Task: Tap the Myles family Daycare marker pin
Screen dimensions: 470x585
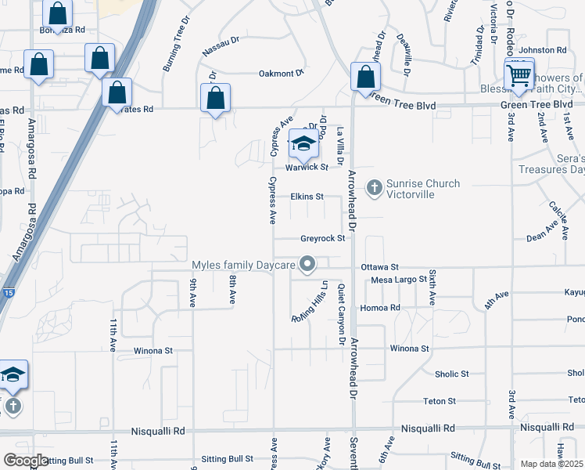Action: [307, 265]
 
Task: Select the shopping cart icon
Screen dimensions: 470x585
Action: [518, 76]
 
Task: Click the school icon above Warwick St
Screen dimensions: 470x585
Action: [303, 144]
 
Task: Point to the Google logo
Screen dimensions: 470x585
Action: [26, 461]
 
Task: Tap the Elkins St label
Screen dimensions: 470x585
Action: [307, 197]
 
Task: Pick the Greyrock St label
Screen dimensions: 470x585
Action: [322, 238]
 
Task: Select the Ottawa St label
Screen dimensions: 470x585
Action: [380, 267]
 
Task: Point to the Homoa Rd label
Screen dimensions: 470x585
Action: [385, 308]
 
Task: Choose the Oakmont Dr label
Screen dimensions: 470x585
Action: [281, 74]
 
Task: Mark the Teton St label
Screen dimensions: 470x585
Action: [440, 401]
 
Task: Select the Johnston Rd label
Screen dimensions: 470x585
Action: [551, 50]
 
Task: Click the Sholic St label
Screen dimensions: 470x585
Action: [451, 374]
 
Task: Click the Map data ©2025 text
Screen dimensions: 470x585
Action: [551, 464]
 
